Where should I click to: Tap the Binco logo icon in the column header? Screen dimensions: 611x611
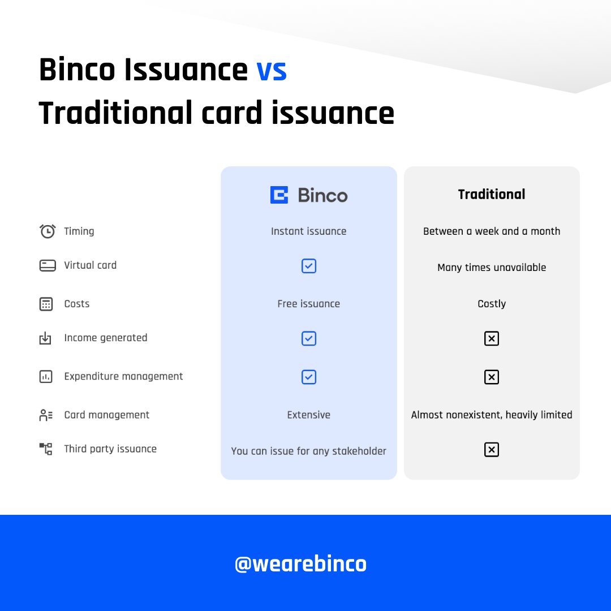[279, 195]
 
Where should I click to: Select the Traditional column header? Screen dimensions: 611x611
[491, 194]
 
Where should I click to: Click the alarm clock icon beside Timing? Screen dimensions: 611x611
[48, 231]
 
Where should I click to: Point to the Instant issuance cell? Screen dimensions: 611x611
[308, 231]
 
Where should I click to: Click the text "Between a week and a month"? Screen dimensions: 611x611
[491, 231]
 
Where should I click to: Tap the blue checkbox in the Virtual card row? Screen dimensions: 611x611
[309, 266]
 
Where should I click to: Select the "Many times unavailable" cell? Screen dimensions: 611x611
[491, 267]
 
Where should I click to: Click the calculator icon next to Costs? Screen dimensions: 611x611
[46, 304]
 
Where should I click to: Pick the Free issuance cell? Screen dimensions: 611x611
[308, 304]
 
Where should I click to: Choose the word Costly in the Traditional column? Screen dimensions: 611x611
[491, 304]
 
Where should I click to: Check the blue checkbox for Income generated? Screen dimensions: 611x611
[309, 338]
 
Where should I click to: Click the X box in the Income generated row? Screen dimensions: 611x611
[491, 338]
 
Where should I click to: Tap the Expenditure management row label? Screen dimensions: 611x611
[123, 376]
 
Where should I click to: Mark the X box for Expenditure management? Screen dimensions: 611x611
[491, 377]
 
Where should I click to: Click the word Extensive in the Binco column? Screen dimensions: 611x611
[308, 415]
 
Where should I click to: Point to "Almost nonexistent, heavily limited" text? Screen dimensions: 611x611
[491, 415]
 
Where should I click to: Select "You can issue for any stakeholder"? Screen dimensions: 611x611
[308, 451]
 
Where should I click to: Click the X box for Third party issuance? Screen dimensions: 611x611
[491, 450]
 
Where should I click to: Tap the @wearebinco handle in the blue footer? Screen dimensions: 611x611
[300, 563]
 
